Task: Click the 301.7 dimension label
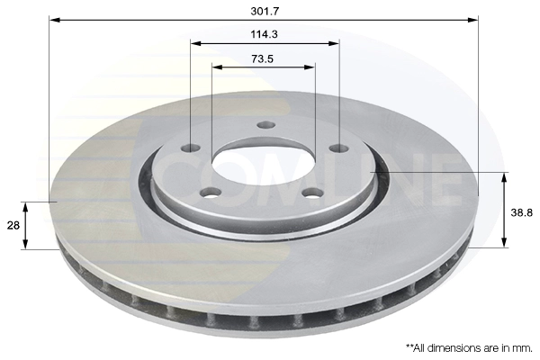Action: [264, 12]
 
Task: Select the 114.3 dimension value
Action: [264, 34]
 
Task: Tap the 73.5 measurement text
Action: [263, 58]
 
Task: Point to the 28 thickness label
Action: [13, 226]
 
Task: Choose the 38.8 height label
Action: [522, 213]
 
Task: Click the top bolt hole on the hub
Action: [266, 125]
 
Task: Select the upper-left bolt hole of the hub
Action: [191, 148]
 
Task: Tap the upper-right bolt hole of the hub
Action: [339, 148]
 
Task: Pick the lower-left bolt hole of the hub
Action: [211, 193]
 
